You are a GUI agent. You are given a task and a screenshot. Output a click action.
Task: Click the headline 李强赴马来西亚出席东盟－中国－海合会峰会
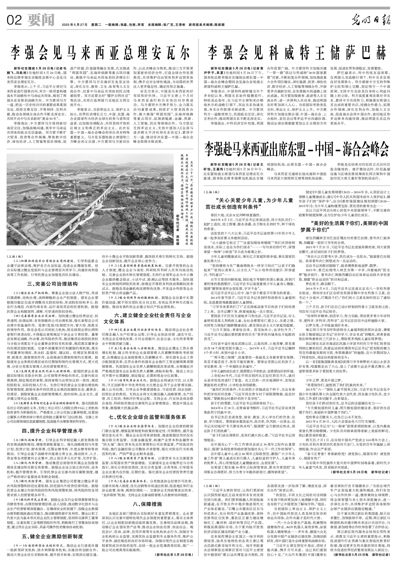(296, 147)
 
